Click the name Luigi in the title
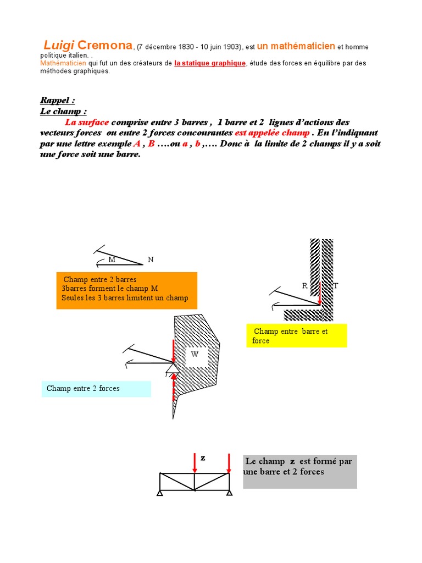(x=59, y=45)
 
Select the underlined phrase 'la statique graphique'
(x=210, y=63)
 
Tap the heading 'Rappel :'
(x=57, y=100)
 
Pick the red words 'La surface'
(x=87, y=122)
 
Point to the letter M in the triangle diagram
(x=112, y=260)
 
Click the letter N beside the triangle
(x=150, y=260)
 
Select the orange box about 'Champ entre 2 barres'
(x=126, y=290)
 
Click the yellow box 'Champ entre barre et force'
(x=296, y=335)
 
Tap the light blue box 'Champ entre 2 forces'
(x=96, y=389)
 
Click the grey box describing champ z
(x=299, y=471)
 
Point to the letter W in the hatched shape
(x=195, y=355)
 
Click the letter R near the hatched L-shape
(x=304, y=285)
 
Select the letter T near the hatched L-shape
(x=336, y=285)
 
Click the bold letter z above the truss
(x=203, y=457)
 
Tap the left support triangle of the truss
(x=160, y=493)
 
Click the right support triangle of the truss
(x=229, y=493)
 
